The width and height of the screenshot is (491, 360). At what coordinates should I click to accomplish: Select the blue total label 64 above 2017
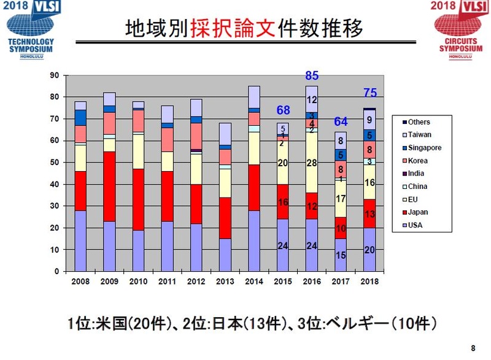click(341, 122)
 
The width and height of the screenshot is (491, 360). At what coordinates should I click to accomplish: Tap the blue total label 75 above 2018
click(369, 94)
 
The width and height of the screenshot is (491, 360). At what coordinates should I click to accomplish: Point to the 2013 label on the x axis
click(225, 281)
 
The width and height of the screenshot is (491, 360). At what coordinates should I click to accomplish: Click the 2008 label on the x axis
click(80, 281)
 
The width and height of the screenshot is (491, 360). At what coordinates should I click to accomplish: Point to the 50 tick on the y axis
click(54, 163)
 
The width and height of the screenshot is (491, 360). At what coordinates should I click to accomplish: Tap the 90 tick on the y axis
click(54, 75)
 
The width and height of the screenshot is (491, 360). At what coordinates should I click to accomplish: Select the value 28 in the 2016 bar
click(312, 162)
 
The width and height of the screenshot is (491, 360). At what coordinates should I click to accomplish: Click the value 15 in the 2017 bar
click(341, 255)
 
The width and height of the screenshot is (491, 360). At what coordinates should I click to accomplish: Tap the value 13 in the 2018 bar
click(369, 213)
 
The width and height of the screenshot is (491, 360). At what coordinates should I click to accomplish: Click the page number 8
click(473, 348)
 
